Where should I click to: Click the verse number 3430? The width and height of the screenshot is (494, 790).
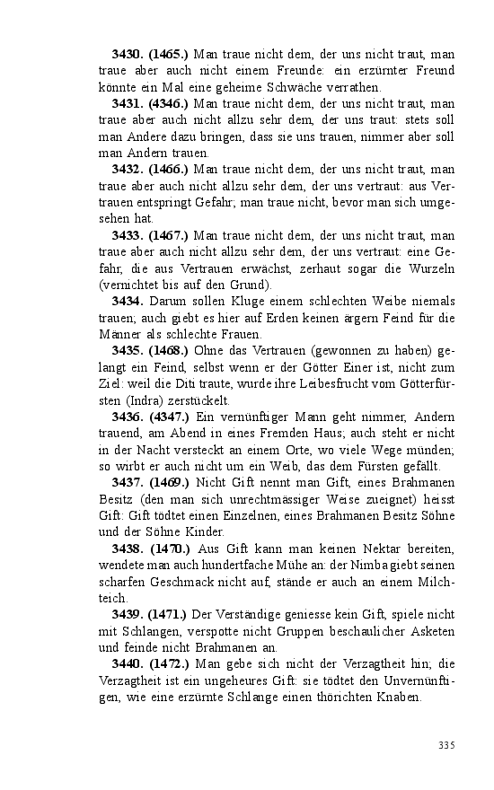(x=127, y=54)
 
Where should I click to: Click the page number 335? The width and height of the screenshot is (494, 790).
(x=446, y=745)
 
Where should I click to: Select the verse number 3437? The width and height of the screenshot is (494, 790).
(x=127, y=482)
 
